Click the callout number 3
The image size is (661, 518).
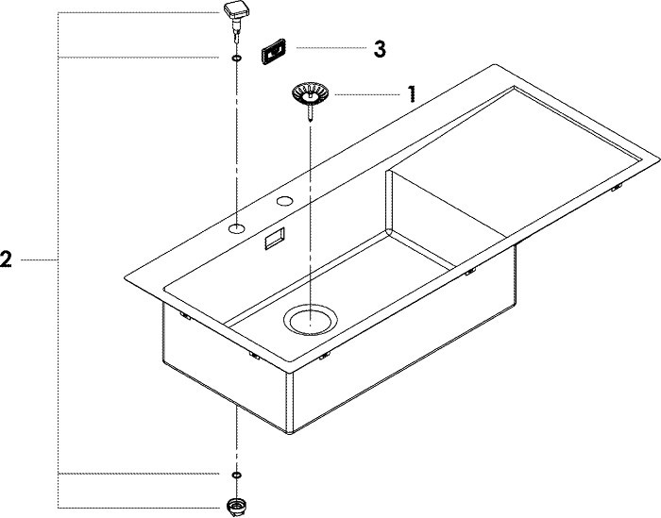380,49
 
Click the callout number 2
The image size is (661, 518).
6,259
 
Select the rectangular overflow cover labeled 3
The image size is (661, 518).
274,52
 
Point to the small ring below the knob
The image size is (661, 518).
236,58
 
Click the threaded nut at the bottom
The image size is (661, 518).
236,507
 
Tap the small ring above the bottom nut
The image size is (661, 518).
236,475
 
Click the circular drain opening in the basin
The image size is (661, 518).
311,319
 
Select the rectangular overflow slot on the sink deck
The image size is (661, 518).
275,239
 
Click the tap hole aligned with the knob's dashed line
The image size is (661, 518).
236,228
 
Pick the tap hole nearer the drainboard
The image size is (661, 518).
285,200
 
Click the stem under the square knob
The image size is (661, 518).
236,32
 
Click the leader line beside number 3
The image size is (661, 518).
331,48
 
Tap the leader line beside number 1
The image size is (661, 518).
367,94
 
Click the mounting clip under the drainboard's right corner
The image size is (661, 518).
618,188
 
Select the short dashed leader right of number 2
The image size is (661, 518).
39,260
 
